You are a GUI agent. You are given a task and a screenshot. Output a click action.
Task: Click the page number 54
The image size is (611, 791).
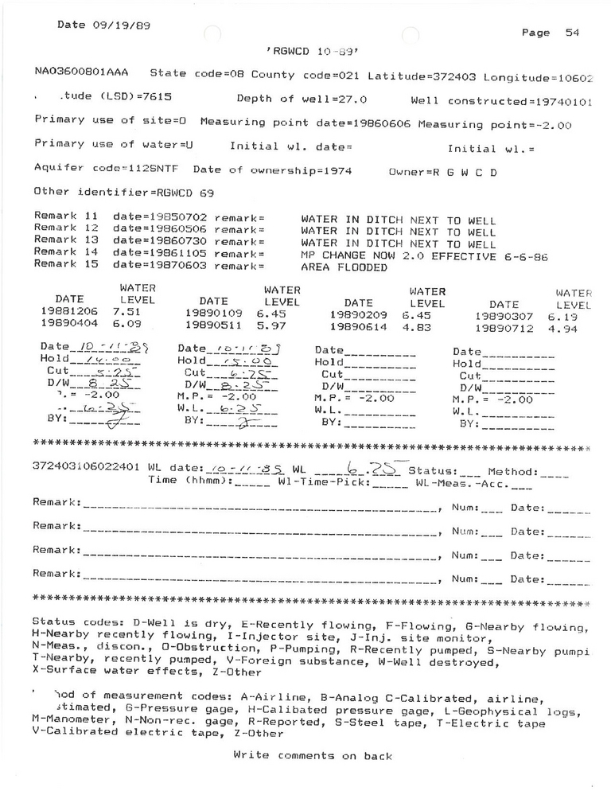(x=571, y=33)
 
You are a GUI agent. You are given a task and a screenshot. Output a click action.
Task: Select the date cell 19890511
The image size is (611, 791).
(x=212, y=325)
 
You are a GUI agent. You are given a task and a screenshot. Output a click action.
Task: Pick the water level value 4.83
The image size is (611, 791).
(x=422, y=325)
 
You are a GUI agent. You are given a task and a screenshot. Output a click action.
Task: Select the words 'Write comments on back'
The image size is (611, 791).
(x=312, y=756)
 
